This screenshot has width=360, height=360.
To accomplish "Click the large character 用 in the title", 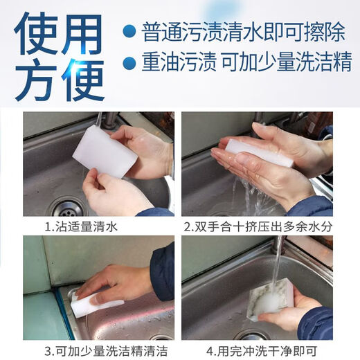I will pos(84,32).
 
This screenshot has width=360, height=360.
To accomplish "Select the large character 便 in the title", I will pos(84,77).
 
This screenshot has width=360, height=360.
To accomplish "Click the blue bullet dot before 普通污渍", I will pos(128,30).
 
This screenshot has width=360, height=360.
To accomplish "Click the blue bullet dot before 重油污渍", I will pos(128,64).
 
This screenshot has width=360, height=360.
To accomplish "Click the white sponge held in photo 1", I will pos(104,151).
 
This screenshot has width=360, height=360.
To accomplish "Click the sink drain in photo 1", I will pos(66,205).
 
